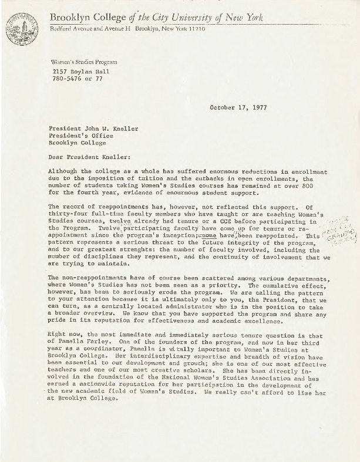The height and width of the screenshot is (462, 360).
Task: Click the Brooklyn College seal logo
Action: tap(21, 29)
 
